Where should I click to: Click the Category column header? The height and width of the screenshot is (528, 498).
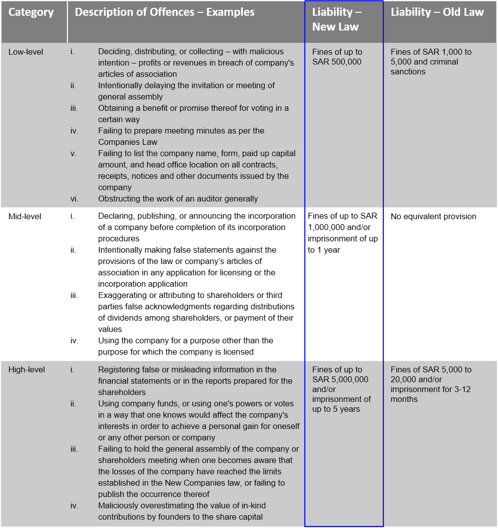(31, 12)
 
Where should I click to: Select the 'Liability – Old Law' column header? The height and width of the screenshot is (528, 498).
(437, 12)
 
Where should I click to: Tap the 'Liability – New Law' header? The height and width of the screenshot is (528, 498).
(337, 19)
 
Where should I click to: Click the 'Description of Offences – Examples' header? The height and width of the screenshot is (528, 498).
(165, 12)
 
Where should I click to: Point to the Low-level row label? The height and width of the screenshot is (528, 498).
(26, 52)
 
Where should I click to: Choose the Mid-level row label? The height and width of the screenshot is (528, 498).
(25, 216)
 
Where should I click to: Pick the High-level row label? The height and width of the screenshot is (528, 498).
(27, 370)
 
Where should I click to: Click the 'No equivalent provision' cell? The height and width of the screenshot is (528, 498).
(433, 216)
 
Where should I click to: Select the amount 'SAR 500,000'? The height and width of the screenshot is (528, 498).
(337, 62)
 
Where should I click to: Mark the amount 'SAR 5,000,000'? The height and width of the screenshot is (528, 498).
(340, 379)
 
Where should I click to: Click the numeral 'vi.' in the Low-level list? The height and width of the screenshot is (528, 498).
(74, 199)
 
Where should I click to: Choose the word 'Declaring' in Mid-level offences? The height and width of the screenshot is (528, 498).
(115, 216)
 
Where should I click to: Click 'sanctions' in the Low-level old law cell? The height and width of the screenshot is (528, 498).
(408, 71)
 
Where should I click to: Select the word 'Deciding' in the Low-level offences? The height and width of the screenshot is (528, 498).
(114, 52)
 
